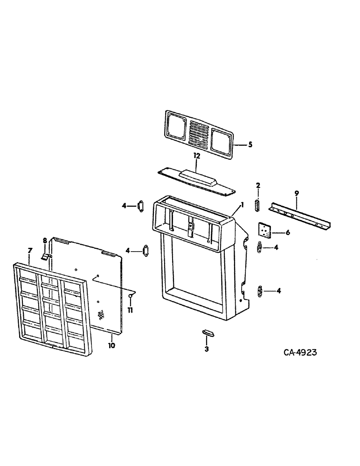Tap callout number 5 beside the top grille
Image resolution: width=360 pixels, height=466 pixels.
[250, 145]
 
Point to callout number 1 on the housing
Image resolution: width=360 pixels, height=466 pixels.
[242, 205]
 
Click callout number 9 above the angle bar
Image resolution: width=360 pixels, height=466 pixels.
[297, 192]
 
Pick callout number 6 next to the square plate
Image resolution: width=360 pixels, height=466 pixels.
[287, 233]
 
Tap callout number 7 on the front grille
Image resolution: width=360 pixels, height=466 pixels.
[30, 251]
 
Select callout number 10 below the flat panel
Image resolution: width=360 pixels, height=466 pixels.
[112, 345]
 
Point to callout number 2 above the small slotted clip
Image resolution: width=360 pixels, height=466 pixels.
[258, 186]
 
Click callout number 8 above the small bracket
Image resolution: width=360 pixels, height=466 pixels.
[45, 241]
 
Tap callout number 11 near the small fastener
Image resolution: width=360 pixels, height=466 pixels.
[131, 310]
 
